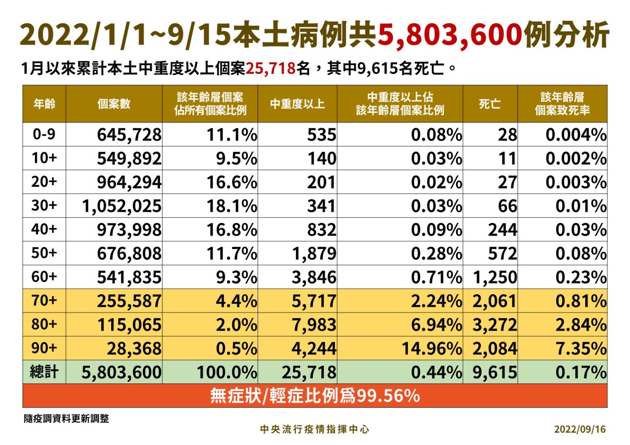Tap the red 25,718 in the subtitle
pos(271,68)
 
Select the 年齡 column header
pos(44,104)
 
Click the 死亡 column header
pos(490,104)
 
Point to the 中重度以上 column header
pos(297,104)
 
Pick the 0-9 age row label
pos(44,134)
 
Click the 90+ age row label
pos(44,348)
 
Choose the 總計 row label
pos(44,372)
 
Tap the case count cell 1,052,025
pos(122,206)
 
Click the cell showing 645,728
pos(129,134)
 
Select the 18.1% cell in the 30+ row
pos(232,206)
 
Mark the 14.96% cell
pos(431,348)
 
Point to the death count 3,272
pos(495,325)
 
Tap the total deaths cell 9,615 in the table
pos(495,372)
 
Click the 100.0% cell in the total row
pos(227,372)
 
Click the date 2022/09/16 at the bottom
pos(580,429)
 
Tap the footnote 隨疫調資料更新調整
pos(66,418)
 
